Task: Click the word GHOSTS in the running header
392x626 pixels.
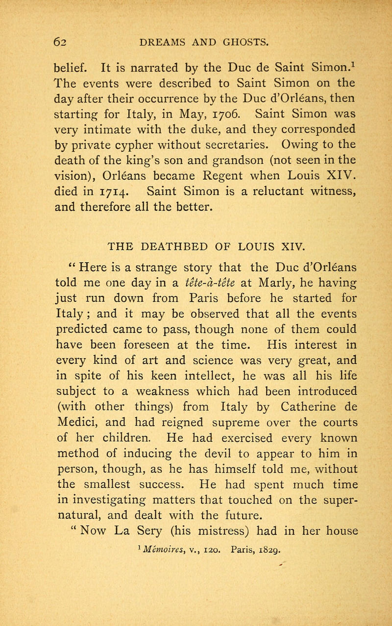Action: (x=240, y=42)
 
